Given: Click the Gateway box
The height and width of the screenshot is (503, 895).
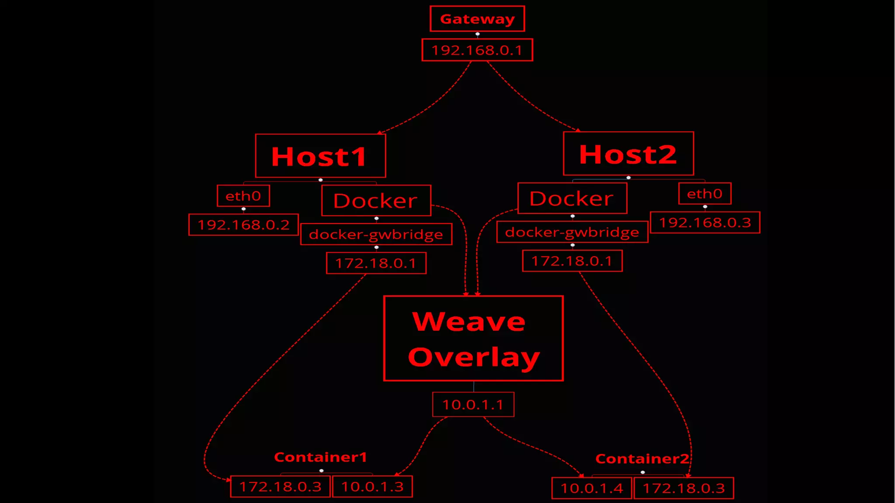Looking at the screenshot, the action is pyautogui.click(x=477, y=19).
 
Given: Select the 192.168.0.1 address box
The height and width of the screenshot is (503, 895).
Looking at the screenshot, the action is pyautogui.click(x=477, y=50).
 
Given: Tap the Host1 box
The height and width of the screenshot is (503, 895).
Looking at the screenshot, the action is pyautogui.click(x=320, y=156).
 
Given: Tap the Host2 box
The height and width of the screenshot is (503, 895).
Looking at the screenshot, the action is pyautogui.click(x=628, y=154).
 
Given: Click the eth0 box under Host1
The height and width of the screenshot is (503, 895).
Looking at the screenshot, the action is pyautogui.click(x=243, y=196).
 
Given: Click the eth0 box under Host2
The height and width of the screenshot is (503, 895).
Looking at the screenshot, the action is pyautogui.click(x=704, y=193).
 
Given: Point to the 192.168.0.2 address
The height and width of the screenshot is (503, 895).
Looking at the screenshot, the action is pyautogui.click(x=243, y=225).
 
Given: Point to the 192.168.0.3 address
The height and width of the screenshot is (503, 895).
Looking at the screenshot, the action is pyautogui.click(x=705, y=223).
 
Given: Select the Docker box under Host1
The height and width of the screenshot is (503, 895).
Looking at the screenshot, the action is pyautogui.click(x=376, y=201).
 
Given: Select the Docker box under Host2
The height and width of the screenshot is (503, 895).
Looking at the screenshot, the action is pyautogui.click(x=572, y=199).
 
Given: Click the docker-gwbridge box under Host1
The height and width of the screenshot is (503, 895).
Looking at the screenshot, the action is pyautogui.click(x=376, y=234).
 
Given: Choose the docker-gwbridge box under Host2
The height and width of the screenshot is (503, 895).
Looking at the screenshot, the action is pyautogui.click(x=572, y=232).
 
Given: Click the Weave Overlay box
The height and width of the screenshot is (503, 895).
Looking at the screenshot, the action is pyautogui.click(x=473, y=339).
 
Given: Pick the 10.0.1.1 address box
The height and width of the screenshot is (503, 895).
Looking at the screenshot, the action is pyautogui.click(x=473, y=405).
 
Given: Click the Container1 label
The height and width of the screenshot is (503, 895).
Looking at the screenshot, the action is pyautogui.click(x=320, y=457).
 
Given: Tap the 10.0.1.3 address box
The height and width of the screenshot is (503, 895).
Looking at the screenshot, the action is pyautogui.click(x=372, y=487).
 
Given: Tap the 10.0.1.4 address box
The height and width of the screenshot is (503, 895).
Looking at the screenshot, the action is pyautogui.click(x=592, y=488).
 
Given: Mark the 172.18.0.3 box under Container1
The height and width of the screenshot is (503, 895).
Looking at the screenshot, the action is pyautogui.click(x=280, y=487).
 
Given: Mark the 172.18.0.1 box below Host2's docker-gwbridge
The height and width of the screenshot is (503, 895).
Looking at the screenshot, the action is pyautogui.click(x=572, y=261).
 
